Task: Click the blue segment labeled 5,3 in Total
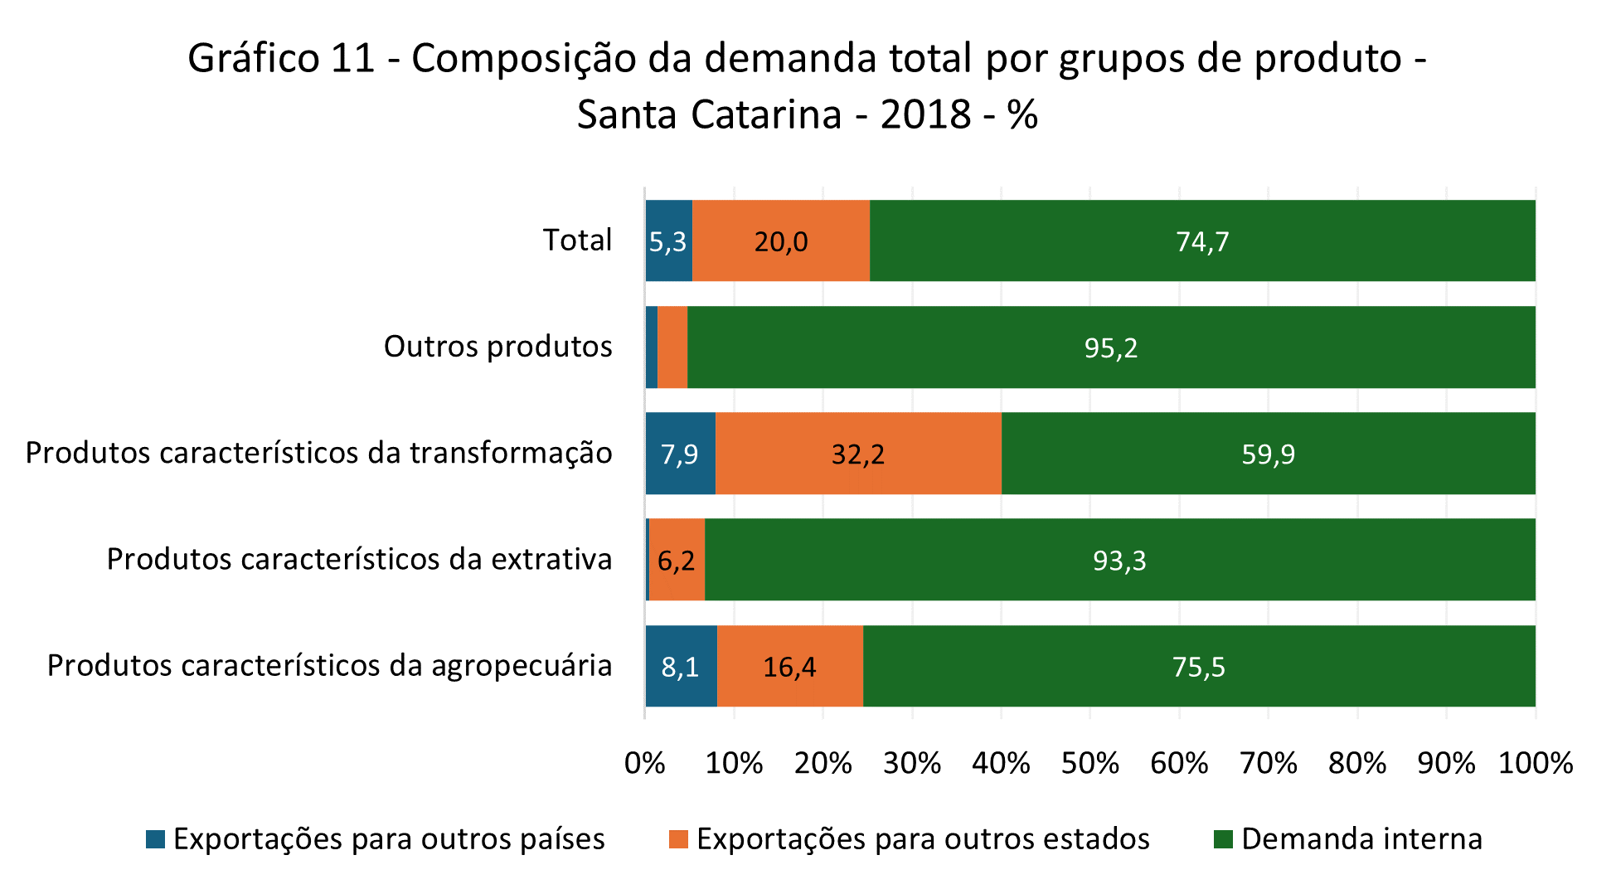pyautogui.click(x=668, y=241)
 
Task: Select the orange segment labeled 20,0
pyautogui.click(x=780, y=241)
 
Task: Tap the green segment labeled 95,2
pyautogui.click(x=1111, y=347)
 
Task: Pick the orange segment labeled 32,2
pyautogui.click(x=858, y=454)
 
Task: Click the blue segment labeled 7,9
pyautogui.click(x=680, y=454)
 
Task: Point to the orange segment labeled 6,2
pyautogui.click(x=677, y=561)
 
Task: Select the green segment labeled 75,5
pyautogui.click(x=1199, y=667)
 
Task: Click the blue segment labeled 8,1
pyautogui.click(x=681, y=667)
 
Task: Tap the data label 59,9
pyautogui.click(x=1268, y=454)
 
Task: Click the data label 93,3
pyautogui.click(x=1119, y=561)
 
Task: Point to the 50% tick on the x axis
pyautogui.click(x=1090, y=763)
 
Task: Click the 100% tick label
pyautogui.click(x=1536, y=763)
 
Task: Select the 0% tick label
pyautogui.click(x=645, y=763)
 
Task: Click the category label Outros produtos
pyautogui.click(x=497, y=347)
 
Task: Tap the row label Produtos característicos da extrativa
pyautogui.click(x=359, y=560)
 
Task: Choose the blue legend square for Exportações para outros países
pyautogui.click(x=155, y=839)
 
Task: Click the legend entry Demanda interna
pyautogui.click(x=1361, y=839)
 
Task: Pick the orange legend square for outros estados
pyautogui.click(x=678, y=839)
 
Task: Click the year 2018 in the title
pyautogui.click(x=926, y=114)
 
